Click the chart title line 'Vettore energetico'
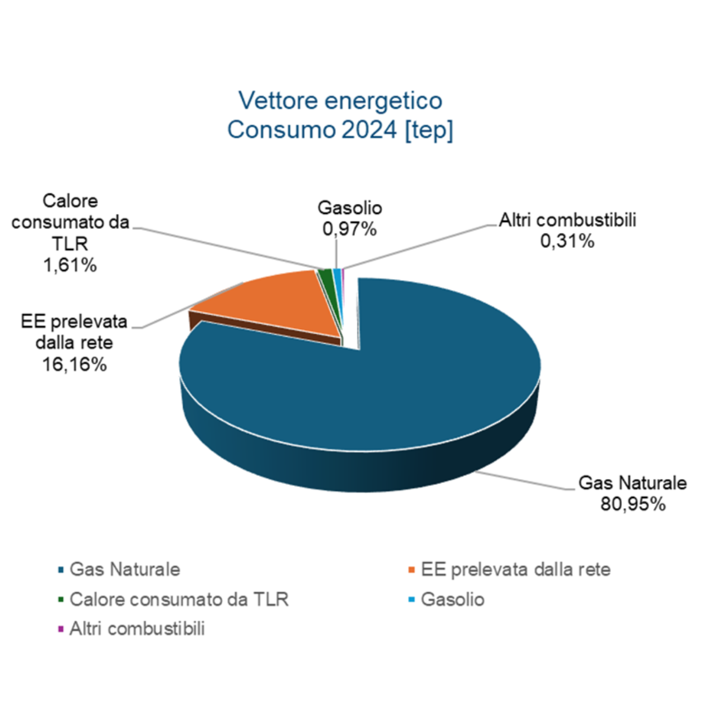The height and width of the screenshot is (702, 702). tap(340, 101)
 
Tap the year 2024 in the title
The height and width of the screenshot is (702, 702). tap(369, 130)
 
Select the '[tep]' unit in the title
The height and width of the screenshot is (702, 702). tap(429, 130)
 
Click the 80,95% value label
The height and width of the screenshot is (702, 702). tap(633, 504)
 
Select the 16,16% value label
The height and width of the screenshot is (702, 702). tap(74, 364)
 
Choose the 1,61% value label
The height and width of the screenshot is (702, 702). tap(70, 265)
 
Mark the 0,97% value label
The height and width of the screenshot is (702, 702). tap(349, 229)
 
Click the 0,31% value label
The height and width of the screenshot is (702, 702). tap(567, 241)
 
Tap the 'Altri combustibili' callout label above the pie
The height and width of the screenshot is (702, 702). tap(567, 220)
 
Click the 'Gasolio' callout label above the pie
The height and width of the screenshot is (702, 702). tap(349, 208)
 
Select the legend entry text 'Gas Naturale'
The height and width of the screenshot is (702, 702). tap(125, 569)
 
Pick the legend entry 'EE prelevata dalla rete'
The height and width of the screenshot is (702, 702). tap(515, 569)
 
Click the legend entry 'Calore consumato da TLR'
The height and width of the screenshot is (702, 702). tap(179, 599)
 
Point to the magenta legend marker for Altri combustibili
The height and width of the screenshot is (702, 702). tap(61, 629)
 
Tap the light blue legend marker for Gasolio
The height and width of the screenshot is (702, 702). tap(412, 599)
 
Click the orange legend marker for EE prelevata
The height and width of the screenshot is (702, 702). tap(412, 569)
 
